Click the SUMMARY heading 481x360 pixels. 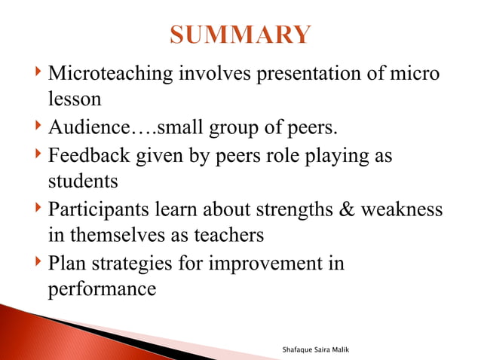pos(240,35)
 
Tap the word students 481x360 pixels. pos(81,182)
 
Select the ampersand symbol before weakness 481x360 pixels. pos(349,209)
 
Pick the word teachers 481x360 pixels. pos(226,235)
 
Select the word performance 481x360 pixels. pos(102,289)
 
